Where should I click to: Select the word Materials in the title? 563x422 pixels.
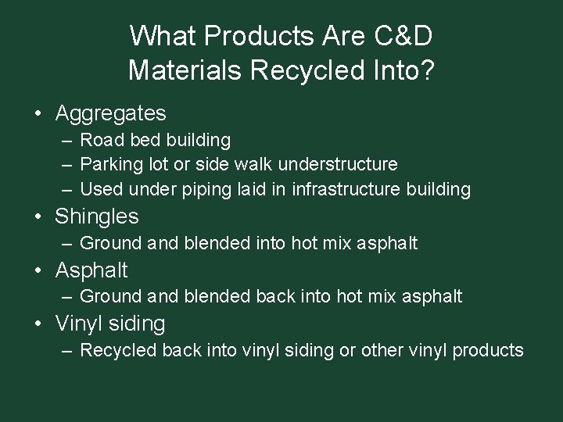[185, 70]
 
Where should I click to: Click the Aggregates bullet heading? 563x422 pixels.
[110, 113]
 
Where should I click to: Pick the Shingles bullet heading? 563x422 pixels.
[97, 216]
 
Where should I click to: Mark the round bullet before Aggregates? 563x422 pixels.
[38, 114]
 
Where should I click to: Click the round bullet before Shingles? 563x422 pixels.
[38, 216]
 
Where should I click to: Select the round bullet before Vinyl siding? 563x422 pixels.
[38, 324]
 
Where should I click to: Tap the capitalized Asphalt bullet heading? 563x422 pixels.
[91, 270]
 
